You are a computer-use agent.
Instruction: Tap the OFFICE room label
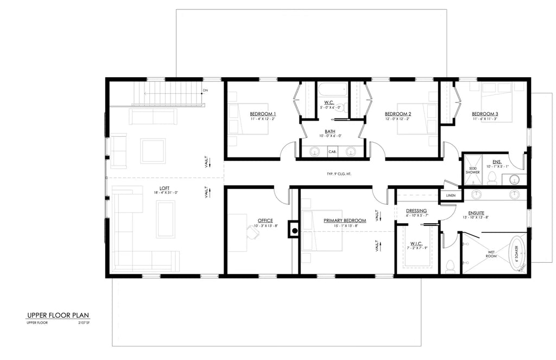(265, 220)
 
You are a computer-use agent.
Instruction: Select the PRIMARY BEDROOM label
(344, 220)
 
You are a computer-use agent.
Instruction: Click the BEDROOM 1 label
(263, 114)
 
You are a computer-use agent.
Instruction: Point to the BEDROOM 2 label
(398, 114)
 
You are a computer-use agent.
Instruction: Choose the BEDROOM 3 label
(485, 114)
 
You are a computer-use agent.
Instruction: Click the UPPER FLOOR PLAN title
(58, 315)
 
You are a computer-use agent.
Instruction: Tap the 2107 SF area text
(83, 323)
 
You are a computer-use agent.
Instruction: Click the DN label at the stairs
(205, 90)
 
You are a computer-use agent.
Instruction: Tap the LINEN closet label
(450, 195)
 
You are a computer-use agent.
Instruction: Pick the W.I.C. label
(417, 243)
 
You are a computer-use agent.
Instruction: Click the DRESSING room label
(416, 211)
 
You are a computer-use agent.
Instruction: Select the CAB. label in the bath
(333, 152)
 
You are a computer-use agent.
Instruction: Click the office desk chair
(252, 232)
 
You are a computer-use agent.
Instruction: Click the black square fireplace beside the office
(294, 230)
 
